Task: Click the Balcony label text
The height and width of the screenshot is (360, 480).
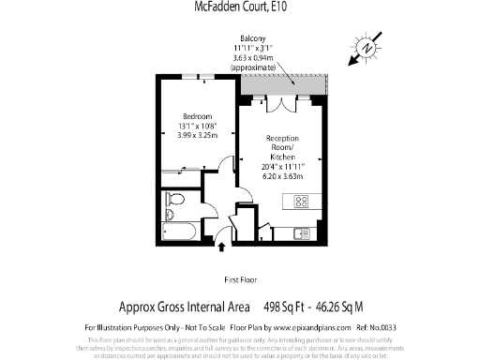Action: (x=239, y=37)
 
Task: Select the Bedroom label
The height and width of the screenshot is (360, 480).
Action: (x=197, y=116)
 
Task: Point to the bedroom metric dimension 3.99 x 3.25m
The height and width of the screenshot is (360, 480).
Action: (x=197, y=135)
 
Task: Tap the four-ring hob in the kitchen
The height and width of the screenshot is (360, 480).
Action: (x=303, y=200)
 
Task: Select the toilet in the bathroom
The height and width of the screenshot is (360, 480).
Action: (x=173, y=201)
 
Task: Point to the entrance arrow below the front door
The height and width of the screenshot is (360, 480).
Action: (x=221, y=247)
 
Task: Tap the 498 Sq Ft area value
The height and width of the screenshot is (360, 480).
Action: (x=287, y=306)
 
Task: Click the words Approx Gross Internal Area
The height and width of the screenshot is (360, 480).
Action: (x=184, y=306)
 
